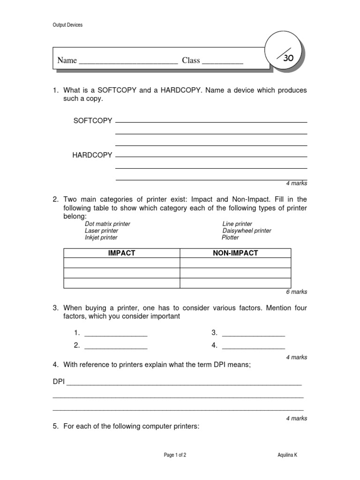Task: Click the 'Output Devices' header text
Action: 67,25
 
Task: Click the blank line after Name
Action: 128,61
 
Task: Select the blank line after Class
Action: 222,61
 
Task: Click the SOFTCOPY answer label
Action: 93,120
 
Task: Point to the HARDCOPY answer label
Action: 92,155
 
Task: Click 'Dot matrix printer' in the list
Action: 107,224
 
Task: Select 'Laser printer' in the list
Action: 101,231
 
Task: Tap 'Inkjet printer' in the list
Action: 101,238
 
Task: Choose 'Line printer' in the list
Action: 237,224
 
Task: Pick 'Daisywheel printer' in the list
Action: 247,231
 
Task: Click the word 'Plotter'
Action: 231,238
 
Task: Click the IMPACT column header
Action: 121,253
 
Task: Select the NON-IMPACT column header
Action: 235,253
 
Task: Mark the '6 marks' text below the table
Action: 296,292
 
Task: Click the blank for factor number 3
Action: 253,333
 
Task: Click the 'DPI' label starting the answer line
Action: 59,382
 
